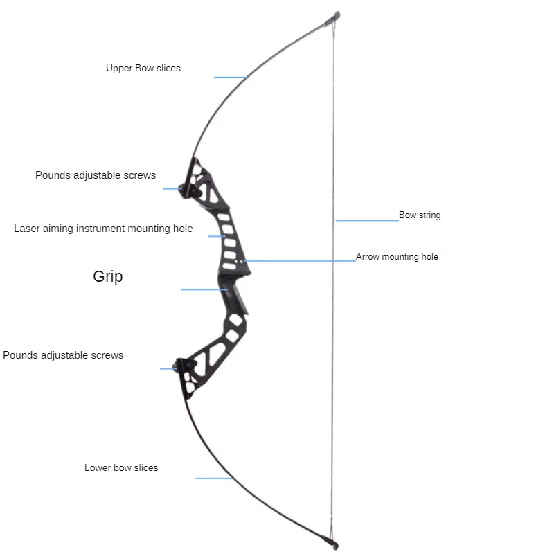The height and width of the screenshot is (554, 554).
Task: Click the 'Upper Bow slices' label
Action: pos(143,69)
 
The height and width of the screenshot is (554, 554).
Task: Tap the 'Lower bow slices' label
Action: pos(121,468)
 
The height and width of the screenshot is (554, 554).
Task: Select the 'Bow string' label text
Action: pos(420,215)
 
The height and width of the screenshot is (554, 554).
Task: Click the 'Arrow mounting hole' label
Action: pos(397,257)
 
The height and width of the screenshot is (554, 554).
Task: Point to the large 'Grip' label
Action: pos(108,277)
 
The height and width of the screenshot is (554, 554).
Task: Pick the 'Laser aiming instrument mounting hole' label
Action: pos(103,229)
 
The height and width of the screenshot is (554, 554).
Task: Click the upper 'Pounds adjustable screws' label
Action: pos(96,175)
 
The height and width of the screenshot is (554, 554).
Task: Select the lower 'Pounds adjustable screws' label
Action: pos(63,355)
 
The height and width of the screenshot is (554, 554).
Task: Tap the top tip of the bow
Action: pos(335,15)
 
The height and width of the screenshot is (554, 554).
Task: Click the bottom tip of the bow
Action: pos(334,544)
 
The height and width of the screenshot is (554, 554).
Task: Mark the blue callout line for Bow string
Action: pos(367,220)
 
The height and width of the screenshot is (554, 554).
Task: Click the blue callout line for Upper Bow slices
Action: pos(230,77)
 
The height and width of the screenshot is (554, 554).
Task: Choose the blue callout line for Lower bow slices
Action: pos(213,478)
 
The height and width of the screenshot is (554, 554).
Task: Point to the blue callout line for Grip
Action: pos(204,289)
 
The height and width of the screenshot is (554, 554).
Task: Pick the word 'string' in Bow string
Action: pos(429,215)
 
